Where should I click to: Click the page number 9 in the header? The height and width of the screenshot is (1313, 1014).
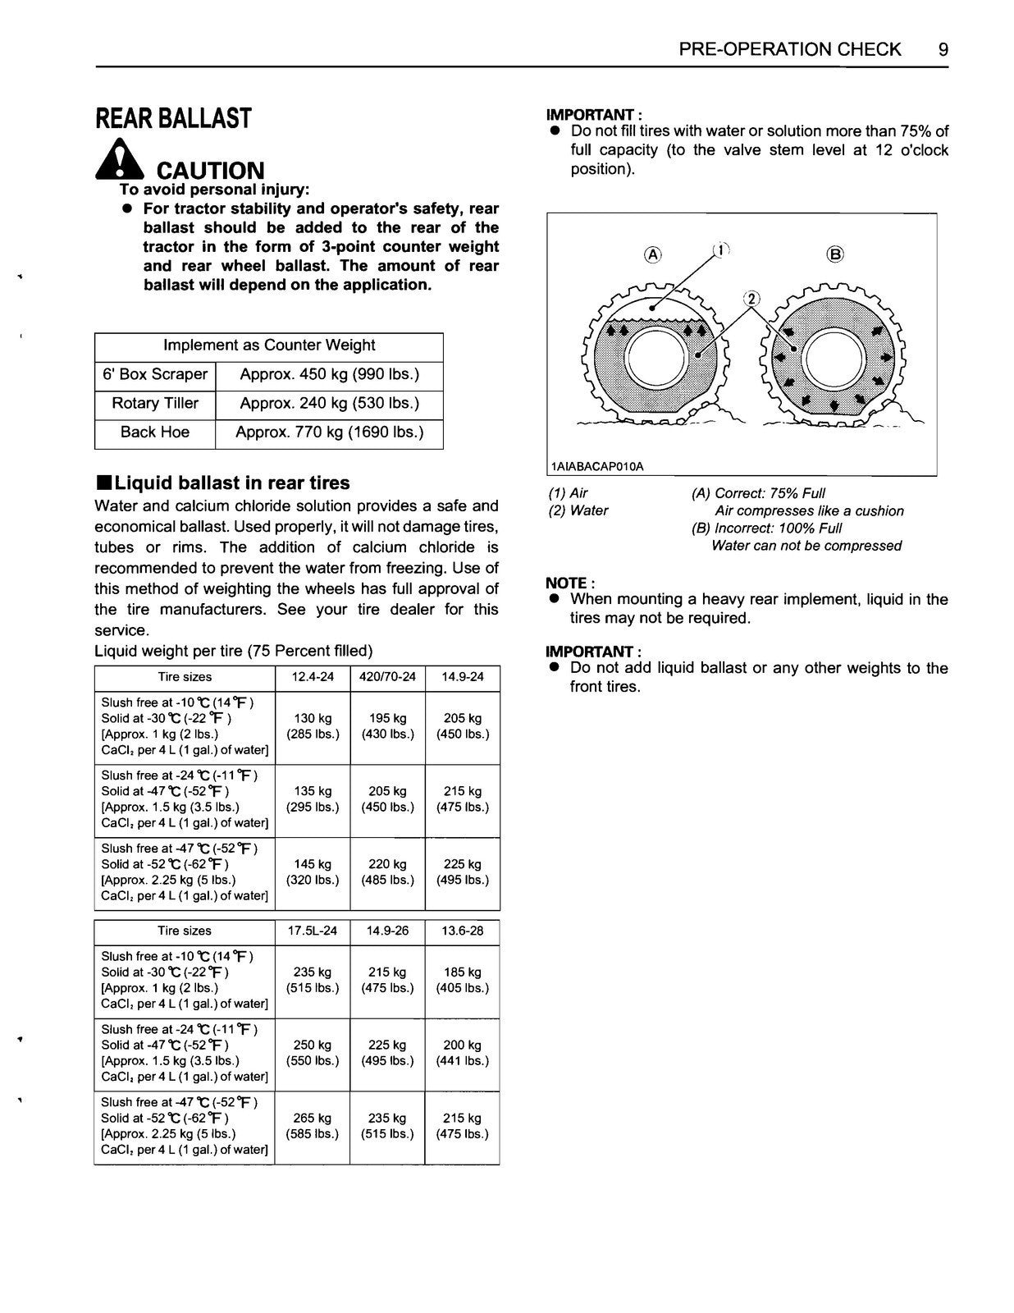pos(943,49)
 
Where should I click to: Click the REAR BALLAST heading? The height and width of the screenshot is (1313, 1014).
pos(173,119)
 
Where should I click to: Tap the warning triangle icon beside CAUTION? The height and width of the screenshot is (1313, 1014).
pos(120,160)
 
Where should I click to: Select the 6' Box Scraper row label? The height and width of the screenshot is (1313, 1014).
pos(155,375)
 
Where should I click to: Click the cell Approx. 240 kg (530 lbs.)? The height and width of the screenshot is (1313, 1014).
pos(329,404)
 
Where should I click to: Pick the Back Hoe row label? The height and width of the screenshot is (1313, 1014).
pos(155,432)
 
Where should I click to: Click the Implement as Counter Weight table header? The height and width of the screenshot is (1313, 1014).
pos(268,345)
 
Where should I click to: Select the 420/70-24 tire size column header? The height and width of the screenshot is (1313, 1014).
pos(387,677)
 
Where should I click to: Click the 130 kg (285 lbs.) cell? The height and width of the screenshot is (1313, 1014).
pos(313,726)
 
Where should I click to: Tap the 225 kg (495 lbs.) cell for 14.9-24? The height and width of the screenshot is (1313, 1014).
pos(463,872)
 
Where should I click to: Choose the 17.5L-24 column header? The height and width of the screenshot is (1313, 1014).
pos(313,931)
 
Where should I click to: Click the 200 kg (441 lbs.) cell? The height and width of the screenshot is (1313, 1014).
pos(463,1053)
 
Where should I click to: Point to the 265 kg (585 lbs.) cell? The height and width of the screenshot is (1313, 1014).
pos(313,1126)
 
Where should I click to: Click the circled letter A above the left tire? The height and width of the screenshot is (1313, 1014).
pos(653,254)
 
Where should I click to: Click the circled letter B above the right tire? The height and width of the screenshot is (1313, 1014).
pos(835,254)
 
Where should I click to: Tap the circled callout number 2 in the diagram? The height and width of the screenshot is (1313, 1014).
pos(752,299)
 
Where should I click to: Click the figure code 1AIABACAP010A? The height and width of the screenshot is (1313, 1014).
pos(597,466)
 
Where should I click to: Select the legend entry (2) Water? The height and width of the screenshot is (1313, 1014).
pos(578,510)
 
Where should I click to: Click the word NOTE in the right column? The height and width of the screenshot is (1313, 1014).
pos(566,583)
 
